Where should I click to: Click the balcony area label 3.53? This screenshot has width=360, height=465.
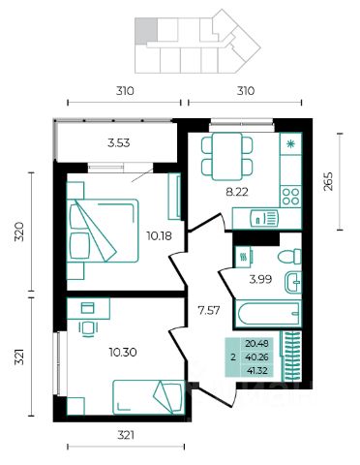[x=119, y=143]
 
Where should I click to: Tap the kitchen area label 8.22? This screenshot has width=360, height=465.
[x=237, y=192]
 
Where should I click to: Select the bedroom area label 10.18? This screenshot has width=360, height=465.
[x=159, y=236]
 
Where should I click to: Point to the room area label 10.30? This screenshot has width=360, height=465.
[x=123, y=352]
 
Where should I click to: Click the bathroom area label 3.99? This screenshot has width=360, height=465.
[x=260, y=279]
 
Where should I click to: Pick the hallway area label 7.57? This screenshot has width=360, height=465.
[x=209, y=311]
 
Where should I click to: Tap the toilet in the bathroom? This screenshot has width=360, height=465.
[x=289, y=257]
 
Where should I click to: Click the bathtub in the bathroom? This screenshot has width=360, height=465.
[x=268, y=314]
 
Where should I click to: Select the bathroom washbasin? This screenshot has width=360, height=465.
[x=293, y=282]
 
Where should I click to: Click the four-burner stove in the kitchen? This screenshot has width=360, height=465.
[x=290, y=197]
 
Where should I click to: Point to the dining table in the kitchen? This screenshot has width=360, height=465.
[x=226, y=156]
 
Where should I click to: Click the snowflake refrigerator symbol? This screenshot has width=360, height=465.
[x=291, y=143]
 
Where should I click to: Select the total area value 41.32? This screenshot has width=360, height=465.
[x=256, y=371]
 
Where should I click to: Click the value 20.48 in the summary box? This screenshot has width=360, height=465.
[x=256, y=344]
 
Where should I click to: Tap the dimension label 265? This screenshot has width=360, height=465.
[x=328, y=181]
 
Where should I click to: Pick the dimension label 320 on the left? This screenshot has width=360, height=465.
[x=20, y=232]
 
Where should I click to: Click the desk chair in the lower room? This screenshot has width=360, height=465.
[x=88, y=329]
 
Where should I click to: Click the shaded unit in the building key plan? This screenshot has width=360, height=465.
[x=146, y=31]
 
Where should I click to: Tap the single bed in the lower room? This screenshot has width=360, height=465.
[x=148, y=397]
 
